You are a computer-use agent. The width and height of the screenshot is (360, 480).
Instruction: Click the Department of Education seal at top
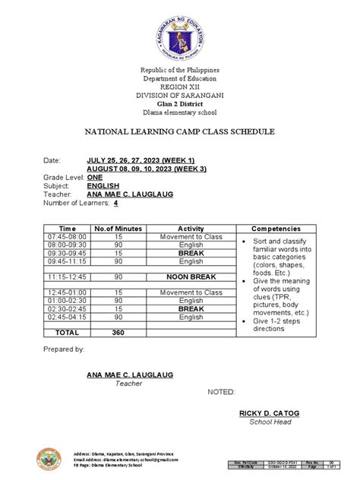(180, 36)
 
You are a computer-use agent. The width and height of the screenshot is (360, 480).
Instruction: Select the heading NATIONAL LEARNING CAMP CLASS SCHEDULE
(179, 132)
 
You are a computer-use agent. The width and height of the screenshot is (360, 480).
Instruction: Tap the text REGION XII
(180, 88)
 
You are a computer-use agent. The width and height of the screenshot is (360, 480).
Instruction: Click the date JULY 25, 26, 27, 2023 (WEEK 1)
(140, 160)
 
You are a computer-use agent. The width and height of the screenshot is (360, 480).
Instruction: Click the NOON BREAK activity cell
(191, 278)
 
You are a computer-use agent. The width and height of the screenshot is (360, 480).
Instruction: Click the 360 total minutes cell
(118, 333)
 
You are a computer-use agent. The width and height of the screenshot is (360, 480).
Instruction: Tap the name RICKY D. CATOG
(270, 413)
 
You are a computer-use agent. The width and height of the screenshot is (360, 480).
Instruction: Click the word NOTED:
(222, 392)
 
